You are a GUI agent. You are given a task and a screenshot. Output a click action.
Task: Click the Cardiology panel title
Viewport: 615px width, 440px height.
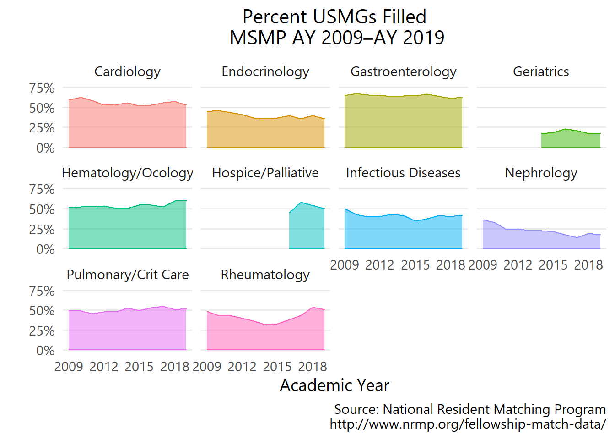coord(127,71)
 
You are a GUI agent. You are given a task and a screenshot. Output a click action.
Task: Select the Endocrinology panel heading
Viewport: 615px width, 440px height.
coord(265,71)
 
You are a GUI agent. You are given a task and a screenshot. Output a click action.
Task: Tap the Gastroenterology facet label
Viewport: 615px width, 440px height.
coord(403,71)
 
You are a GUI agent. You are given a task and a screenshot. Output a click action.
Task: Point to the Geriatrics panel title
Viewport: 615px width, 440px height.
coord(541,71)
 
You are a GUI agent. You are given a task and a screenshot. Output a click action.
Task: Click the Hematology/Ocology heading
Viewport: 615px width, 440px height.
coord(127,173)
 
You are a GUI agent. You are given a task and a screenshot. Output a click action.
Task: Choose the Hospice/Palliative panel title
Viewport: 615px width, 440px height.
coord(265,173)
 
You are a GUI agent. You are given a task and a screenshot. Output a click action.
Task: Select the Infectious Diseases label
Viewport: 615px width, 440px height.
coord(403,173)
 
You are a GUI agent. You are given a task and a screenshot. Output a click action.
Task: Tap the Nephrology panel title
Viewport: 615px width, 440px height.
coord(541,173)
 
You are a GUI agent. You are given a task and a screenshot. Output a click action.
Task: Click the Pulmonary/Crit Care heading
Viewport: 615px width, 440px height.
coord(127,275)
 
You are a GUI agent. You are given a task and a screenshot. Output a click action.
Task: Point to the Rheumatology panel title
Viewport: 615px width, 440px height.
coord(265,275)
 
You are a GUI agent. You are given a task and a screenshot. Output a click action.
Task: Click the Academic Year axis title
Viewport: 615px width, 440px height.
coord(334,385)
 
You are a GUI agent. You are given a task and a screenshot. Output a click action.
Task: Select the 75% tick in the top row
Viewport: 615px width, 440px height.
coord(42,88)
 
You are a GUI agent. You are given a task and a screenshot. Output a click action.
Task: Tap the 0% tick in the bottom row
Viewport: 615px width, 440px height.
coord(45,351)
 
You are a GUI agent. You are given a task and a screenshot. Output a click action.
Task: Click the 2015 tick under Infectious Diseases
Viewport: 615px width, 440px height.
coord(415,265)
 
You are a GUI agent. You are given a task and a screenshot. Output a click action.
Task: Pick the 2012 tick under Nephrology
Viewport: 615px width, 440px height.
coord(518,265)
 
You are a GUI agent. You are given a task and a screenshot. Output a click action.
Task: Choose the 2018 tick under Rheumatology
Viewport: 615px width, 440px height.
coord(313,367)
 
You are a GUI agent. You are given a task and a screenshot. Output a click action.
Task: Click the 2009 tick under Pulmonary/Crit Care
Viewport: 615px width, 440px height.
coord(69,367)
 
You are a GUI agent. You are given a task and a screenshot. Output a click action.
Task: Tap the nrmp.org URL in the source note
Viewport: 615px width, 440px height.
coord(468,424)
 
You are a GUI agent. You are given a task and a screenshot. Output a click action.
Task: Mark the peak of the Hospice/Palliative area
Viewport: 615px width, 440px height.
coord(301,202)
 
